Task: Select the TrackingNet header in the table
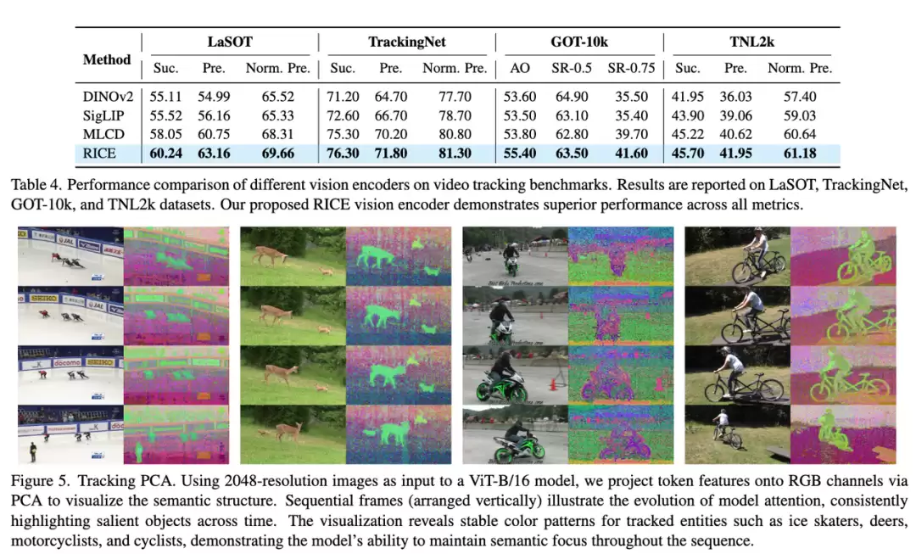pyautogui.click(x=406, y=42)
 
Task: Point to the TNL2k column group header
pyautogui.click(x=751, y=42)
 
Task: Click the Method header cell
pyautogui.click(x=107, y=59)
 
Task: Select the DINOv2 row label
pyautogui.click(x=105, y=98)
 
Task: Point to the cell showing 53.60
pyautogui.click(x=519, y=98)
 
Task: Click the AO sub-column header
pyautogui.click(x=519, y=69)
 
